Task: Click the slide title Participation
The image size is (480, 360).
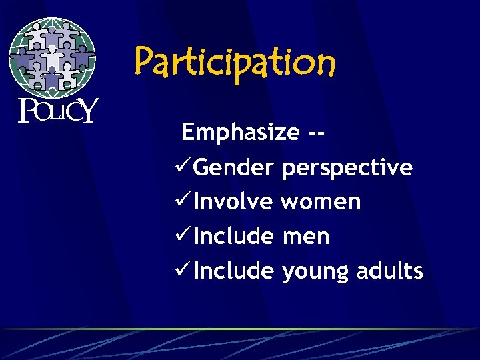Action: click(235, 63)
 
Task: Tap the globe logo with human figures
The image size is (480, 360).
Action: click(52, 57)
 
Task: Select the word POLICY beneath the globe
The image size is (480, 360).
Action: click(58, 111)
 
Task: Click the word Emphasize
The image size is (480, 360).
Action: click(240, 133)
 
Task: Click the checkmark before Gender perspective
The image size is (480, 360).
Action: click(182, 167)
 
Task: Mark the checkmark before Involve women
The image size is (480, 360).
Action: click(182, 201)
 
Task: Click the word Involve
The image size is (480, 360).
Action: click(233, 201)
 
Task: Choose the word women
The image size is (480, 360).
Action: click(321, 202)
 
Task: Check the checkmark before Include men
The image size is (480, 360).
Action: click(182, 236)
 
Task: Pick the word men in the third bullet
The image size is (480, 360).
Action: click(305, 237)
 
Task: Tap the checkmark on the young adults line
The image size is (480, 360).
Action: click(182, 271)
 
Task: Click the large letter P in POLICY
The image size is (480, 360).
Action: click(27, 111)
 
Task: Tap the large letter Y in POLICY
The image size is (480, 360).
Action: click(88, 110)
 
